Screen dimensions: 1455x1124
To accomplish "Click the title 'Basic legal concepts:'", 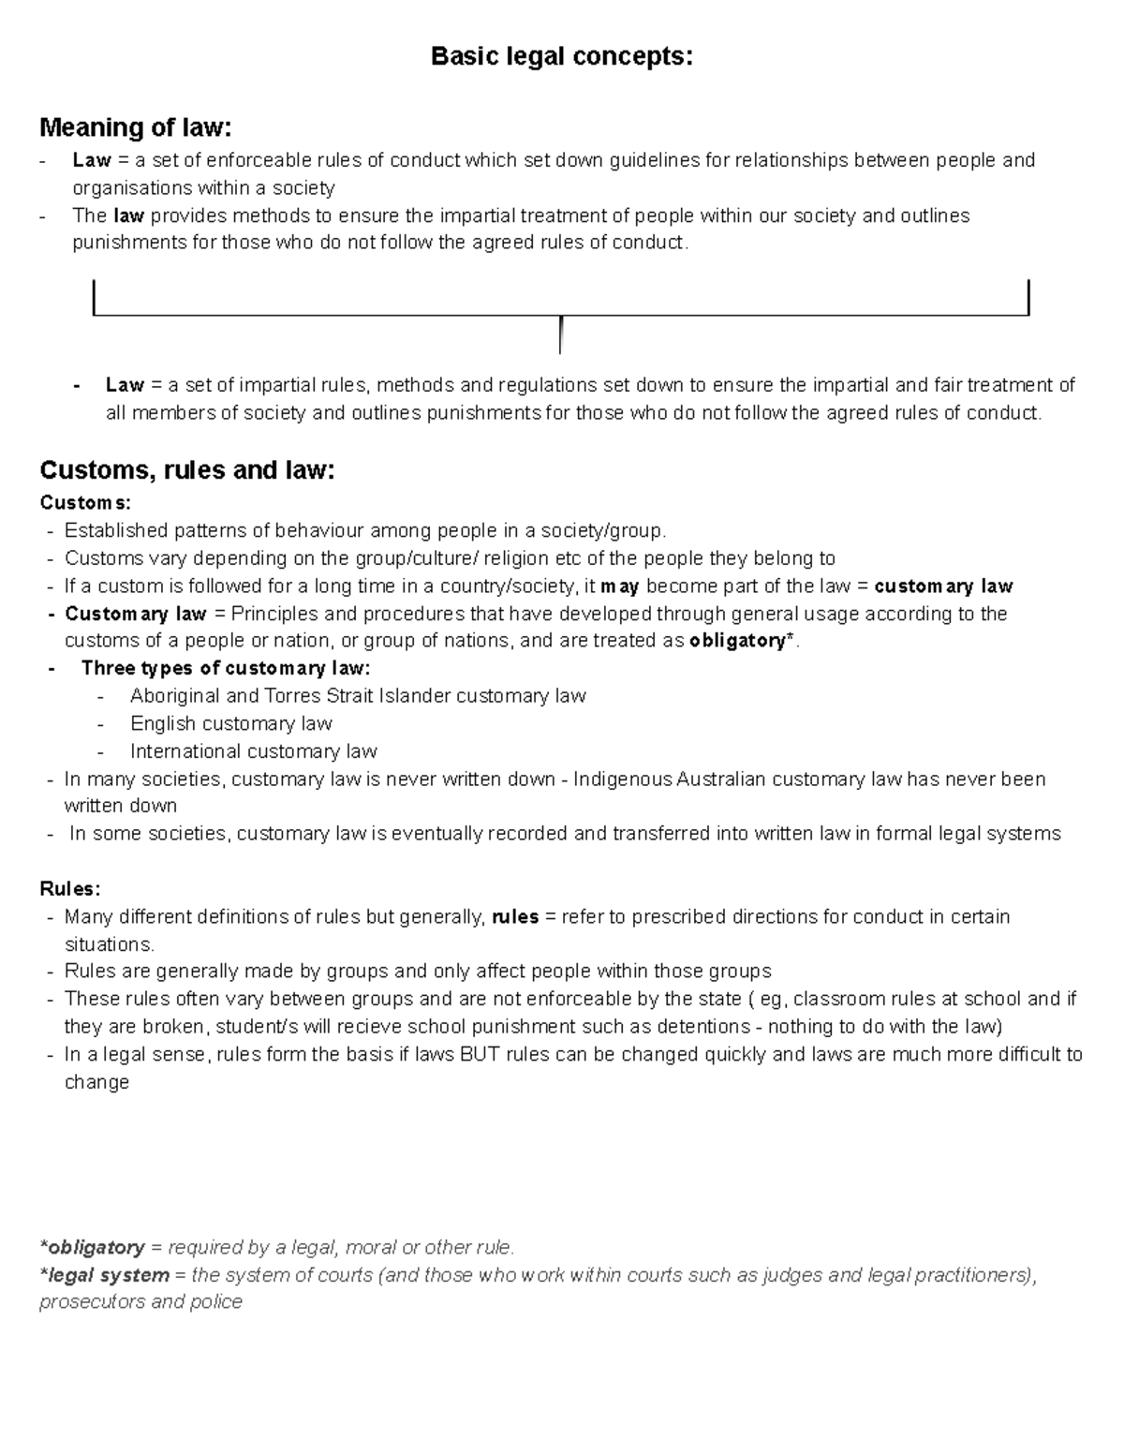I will coord(561,57).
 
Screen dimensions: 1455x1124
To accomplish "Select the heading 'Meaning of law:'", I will coord(134,126).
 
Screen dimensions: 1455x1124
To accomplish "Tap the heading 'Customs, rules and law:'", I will coord(186,469).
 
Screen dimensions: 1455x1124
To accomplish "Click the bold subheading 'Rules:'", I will coord(69,888).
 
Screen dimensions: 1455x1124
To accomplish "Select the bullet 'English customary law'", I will coord(230,723).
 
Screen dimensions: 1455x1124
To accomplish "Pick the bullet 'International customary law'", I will coord(253,751).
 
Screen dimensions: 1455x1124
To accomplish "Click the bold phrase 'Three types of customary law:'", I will coord(226,668).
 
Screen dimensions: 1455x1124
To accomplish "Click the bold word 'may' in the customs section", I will coord(619,586).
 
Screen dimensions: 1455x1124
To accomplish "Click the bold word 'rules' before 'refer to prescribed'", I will coord(515,916).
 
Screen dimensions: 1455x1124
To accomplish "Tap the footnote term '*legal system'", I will coord(104,1274).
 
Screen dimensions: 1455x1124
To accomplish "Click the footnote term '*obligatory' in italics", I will coord(92,1247).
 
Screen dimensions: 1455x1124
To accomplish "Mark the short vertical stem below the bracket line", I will coord(559,335).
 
